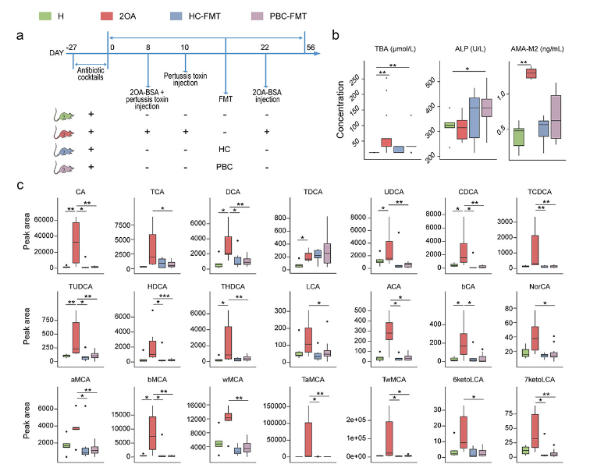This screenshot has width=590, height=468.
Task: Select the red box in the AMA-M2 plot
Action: coord(531,73)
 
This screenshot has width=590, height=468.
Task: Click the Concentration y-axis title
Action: coord(342,114)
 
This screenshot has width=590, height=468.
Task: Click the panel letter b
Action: coord(336,34)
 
